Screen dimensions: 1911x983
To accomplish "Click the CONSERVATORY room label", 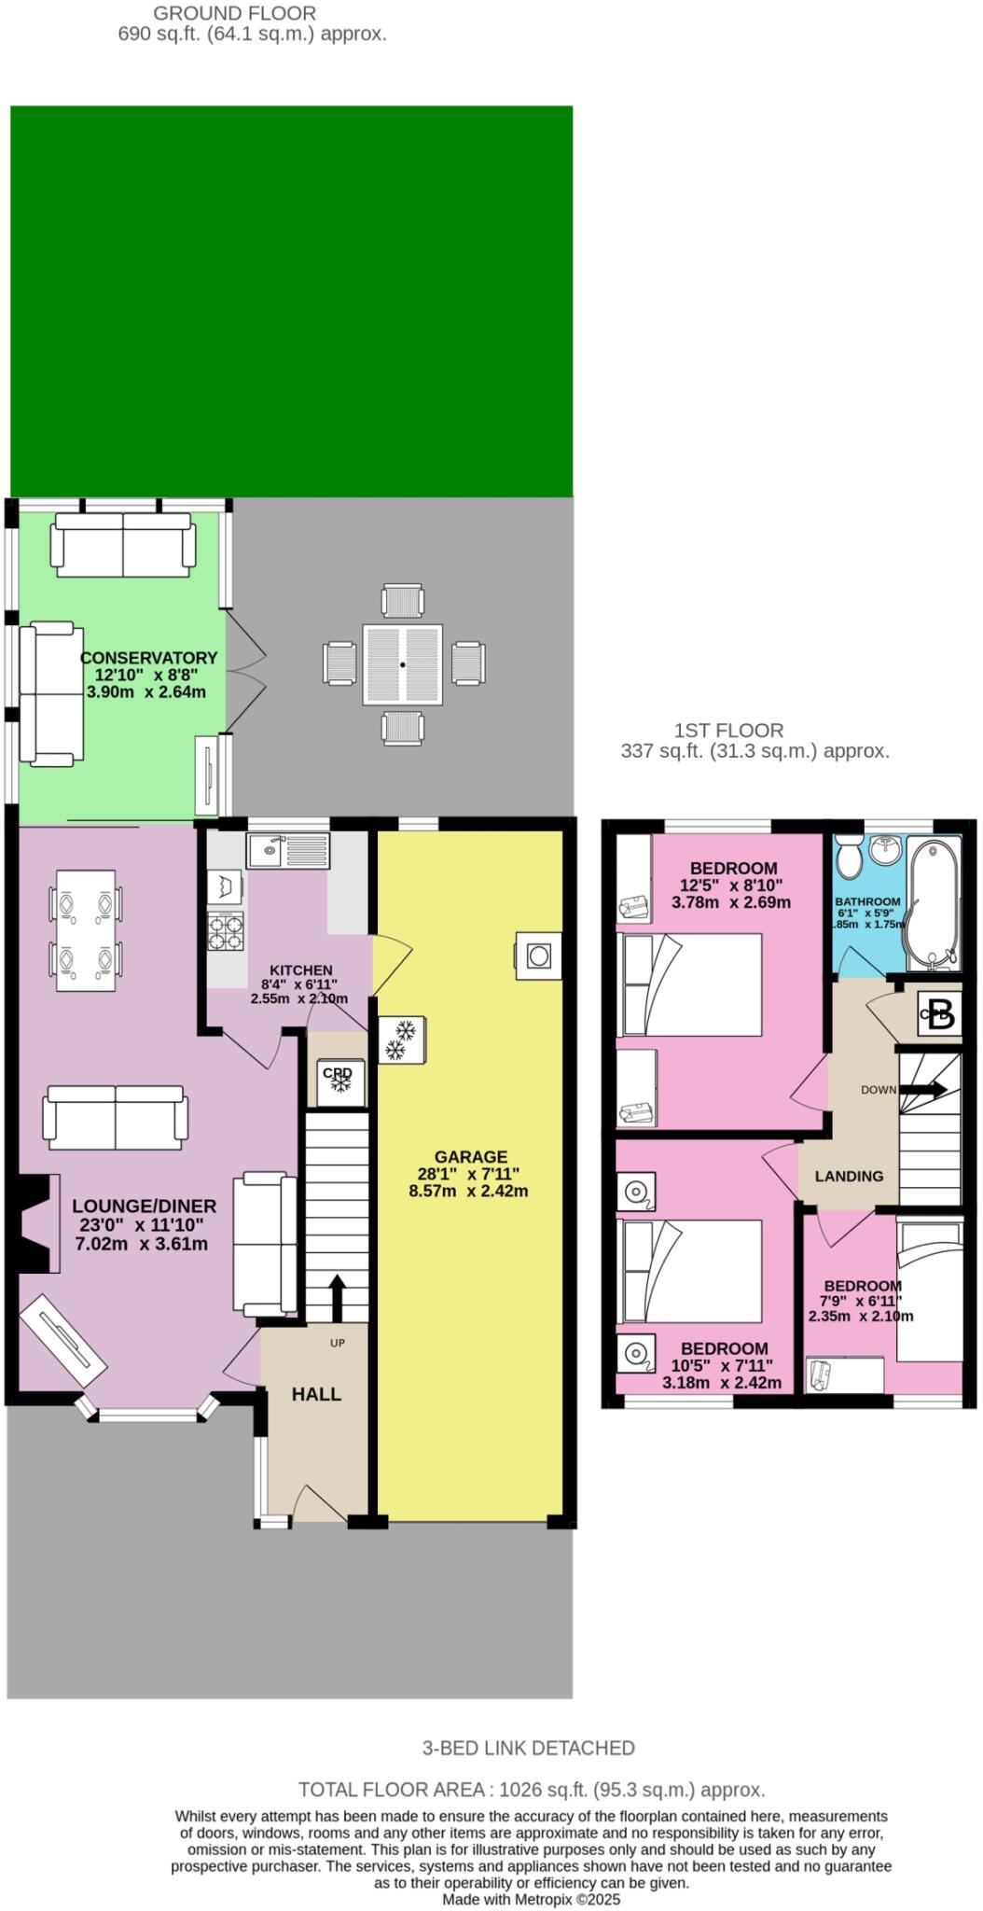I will tap(148, 658).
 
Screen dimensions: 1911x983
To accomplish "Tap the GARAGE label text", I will tap(469, 1157).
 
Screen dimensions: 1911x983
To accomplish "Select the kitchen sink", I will tap(288, 850).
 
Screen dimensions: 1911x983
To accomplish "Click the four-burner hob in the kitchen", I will tap(225, 931).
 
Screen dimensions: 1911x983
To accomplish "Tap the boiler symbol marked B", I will tap(940, 1013).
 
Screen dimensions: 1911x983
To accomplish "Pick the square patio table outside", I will tap(402, 664).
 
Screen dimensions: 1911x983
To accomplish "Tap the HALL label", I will tap(316, 1394).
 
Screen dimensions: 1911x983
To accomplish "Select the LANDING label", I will tap(849, 1176).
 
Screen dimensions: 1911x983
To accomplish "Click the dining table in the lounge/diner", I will tap(86, 930).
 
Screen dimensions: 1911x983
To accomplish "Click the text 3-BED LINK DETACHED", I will tap(528, 1748).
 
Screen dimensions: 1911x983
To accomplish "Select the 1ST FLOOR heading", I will tap(728, 731).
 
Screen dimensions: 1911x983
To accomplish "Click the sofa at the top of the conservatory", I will tap(123, 544).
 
